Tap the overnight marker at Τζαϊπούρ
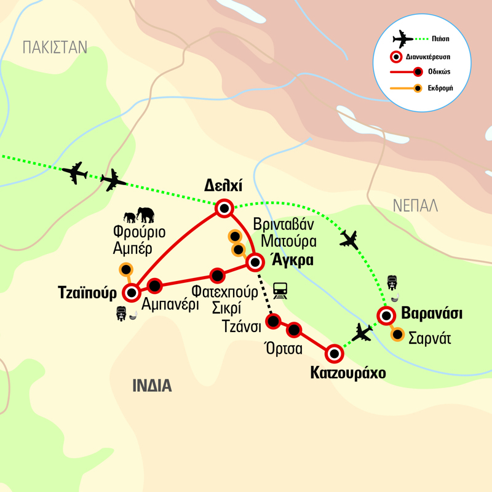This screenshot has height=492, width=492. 131,293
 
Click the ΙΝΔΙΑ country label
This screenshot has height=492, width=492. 151,386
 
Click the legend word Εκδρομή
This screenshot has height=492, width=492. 438,87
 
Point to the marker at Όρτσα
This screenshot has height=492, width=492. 295,331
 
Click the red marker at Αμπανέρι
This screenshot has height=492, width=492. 154,285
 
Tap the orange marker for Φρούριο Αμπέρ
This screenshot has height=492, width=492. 126,269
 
